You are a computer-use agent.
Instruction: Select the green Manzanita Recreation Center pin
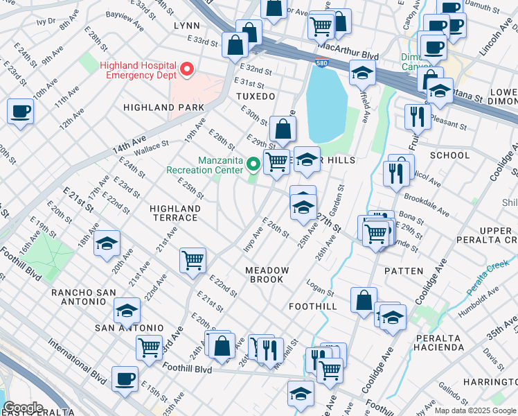pyautogui.click(x=254, y=164)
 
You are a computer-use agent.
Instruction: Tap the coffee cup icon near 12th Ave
pyautogui.click(x=20, y=111)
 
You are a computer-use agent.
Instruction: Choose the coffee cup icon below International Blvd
pyautogui.click(x=125, y=379)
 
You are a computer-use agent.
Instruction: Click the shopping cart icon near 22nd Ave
pyautogui.click(x=193, y=261)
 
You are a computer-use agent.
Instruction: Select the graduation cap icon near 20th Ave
pyautogui.click(x=107, y=244)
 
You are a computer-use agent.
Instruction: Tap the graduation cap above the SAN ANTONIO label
pyautogui.click(x=127, y=311)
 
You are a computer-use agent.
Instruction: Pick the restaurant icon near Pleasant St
pyautogui.click(x=417, y=116)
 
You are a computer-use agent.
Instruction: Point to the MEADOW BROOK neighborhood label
pyautogui.click(x=266, y=275)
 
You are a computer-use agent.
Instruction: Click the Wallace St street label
pyautogui.click(x=152, y=146)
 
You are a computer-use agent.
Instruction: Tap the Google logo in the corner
pyautogui.click(x=23, y=408)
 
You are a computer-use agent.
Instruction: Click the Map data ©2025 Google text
pyautogui.click(x=474, y=410)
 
